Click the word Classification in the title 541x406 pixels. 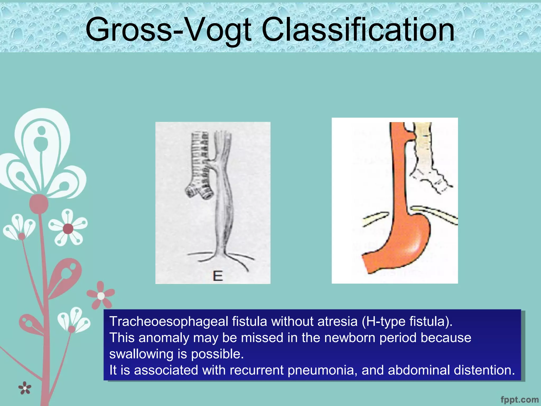pos(358,30)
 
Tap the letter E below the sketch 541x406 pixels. pos(218,276)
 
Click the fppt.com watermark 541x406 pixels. pos(519,399)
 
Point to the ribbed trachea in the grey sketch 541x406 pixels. pos(200,159)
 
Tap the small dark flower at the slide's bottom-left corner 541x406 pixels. pos(25,388)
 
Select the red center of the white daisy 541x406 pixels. pos(68,229)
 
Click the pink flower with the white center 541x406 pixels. pos(101,296)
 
